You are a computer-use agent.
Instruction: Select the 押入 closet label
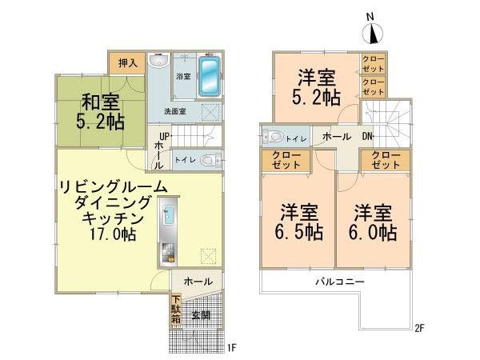128,62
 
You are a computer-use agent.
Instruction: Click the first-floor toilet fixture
210,159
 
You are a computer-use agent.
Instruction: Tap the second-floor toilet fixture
273,137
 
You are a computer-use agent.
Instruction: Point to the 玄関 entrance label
200,316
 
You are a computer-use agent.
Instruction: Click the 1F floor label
231,348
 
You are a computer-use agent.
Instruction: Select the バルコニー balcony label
338,282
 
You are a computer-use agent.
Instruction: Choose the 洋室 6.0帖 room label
375,223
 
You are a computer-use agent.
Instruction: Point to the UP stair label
163,136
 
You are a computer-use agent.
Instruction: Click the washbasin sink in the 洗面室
158,63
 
